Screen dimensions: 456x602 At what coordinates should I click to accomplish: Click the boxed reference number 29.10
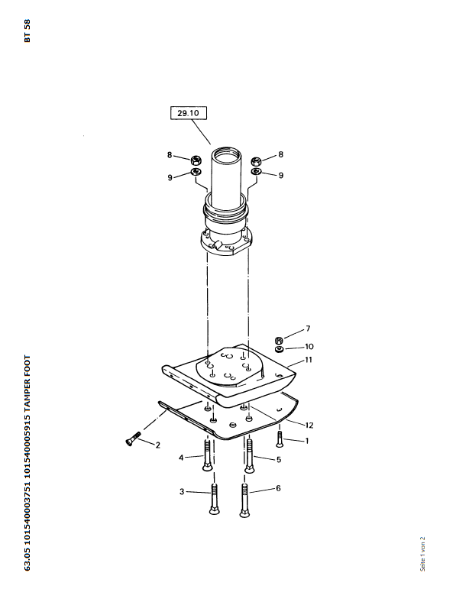(x=189, y=113)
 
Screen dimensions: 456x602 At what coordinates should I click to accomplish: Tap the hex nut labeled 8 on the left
(x=196, y=160)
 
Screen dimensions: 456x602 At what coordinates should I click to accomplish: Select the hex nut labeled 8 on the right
(x=257, y=160)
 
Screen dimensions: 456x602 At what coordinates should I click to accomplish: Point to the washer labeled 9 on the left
(x=196, y=171)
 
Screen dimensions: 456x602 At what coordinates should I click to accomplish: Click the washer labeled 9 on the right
(x=257, y=171)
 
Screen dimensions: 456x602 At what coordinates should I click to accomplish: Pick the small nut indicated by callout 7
(x=280, y=340)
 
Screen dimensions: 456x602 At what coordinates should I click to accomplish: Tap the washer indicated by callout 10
(x=280, y=349)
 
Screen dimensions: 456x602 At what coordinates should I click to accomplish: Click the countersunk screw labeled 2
(x=133, y=438)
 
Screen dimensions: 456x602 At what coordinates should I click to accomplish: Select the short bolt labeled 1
(x=279, y=439)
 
